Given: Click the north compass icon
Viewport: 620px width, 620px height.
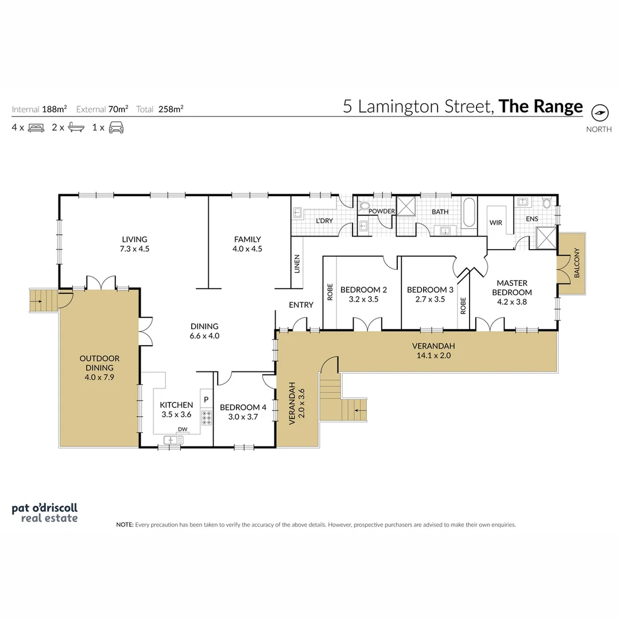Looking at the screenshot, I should [x=599, y=113].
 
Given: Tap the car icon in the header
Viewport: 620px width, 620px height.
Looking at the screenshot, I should [x=117, y=127].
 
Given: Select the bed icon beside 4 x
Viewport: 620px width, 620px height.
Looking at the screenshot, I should [x=36, y=127].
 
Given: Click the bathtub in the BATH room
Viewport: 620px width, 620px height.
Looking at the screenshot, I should [x=469, y=211].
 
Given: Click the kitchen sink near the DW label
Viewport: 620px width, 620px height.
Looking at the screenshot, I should [x=172, y=440].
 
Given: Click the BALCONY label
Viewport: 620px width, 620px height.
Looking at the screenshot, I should [x=576, y=264].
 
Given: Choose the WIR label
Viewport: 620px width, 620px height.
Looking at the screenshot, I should [x=495, y=222].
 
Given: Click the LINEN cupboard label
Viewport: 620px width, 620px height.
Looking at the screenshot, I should [x=297, y=263].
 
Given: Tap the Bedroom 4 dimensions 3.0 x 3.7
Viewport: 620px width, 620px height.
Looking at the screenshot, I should [x=243, y=417].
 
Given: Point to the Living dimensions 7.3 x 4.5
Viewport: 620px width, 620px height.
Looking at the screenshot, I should [x=134, y=249].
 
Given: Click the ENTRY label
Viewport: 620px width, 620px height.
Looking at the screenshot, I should [x=301, y=305].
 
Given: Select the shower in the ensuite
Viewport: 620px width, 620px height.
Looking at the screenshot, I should [x=545, y=237].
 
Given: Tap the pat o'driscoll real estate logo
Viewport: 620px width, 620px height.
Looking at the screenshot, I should [x=44, y=513].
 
